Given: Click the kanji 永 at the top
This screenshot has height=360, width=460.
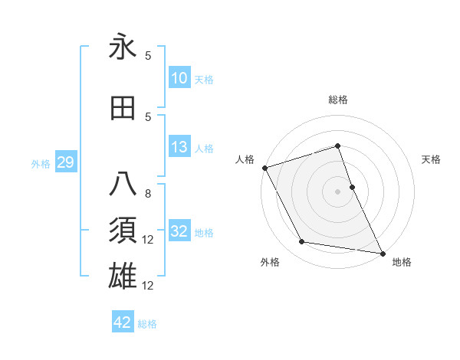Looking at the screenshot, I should (123, 48).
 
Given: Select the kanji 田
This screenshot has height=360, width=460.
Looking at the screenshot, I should (123, 109).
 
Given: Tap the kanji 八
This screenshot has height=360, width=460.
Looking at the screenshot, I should (123, 185).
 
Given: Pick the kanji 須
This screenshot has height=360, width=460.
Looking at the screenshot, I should (123, 231).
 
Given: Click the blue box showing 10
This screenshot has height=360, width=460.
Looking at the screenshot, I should (179, 77).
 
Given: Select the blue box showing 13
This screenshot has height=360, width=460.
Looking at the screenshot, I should (179, 147).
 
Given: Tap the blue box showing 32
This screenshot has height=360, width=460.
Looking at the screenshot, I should (179, 231).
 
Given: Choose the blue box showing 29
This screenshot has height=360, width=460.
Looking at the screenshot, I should (65, 162).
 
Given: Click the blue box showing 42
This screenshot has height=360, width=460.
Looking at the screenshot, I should (123, 322).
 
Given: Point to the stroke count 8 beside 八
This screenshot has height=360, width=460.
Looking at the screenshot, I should (148, 194).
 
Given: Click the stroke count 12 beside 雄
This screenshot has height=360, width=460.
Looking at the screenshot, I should (149, 286).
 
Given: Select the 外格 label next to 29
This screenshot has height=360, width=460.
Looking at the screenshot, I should (41, 163).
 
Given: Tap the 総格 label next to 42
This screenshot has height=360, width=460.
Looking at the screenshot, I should (147, 324).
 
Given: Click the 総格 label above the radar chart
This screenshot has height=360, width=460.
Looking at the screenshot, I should (338, 100).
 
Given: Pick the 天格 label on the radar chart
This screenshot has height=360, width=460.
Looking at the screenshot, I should (432, 159).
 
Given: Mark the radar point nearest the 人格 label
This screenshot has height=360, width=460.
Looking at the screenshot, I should (265, 168).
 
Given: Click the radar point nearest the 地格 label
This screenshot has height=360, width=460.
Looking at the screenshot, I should (382, 253).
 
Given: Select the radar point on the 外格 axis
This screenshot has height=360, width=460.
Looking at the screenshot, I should (302, 243).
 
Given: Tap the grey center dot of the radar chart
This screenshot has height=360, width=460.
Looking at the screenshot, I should (338, 191).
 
